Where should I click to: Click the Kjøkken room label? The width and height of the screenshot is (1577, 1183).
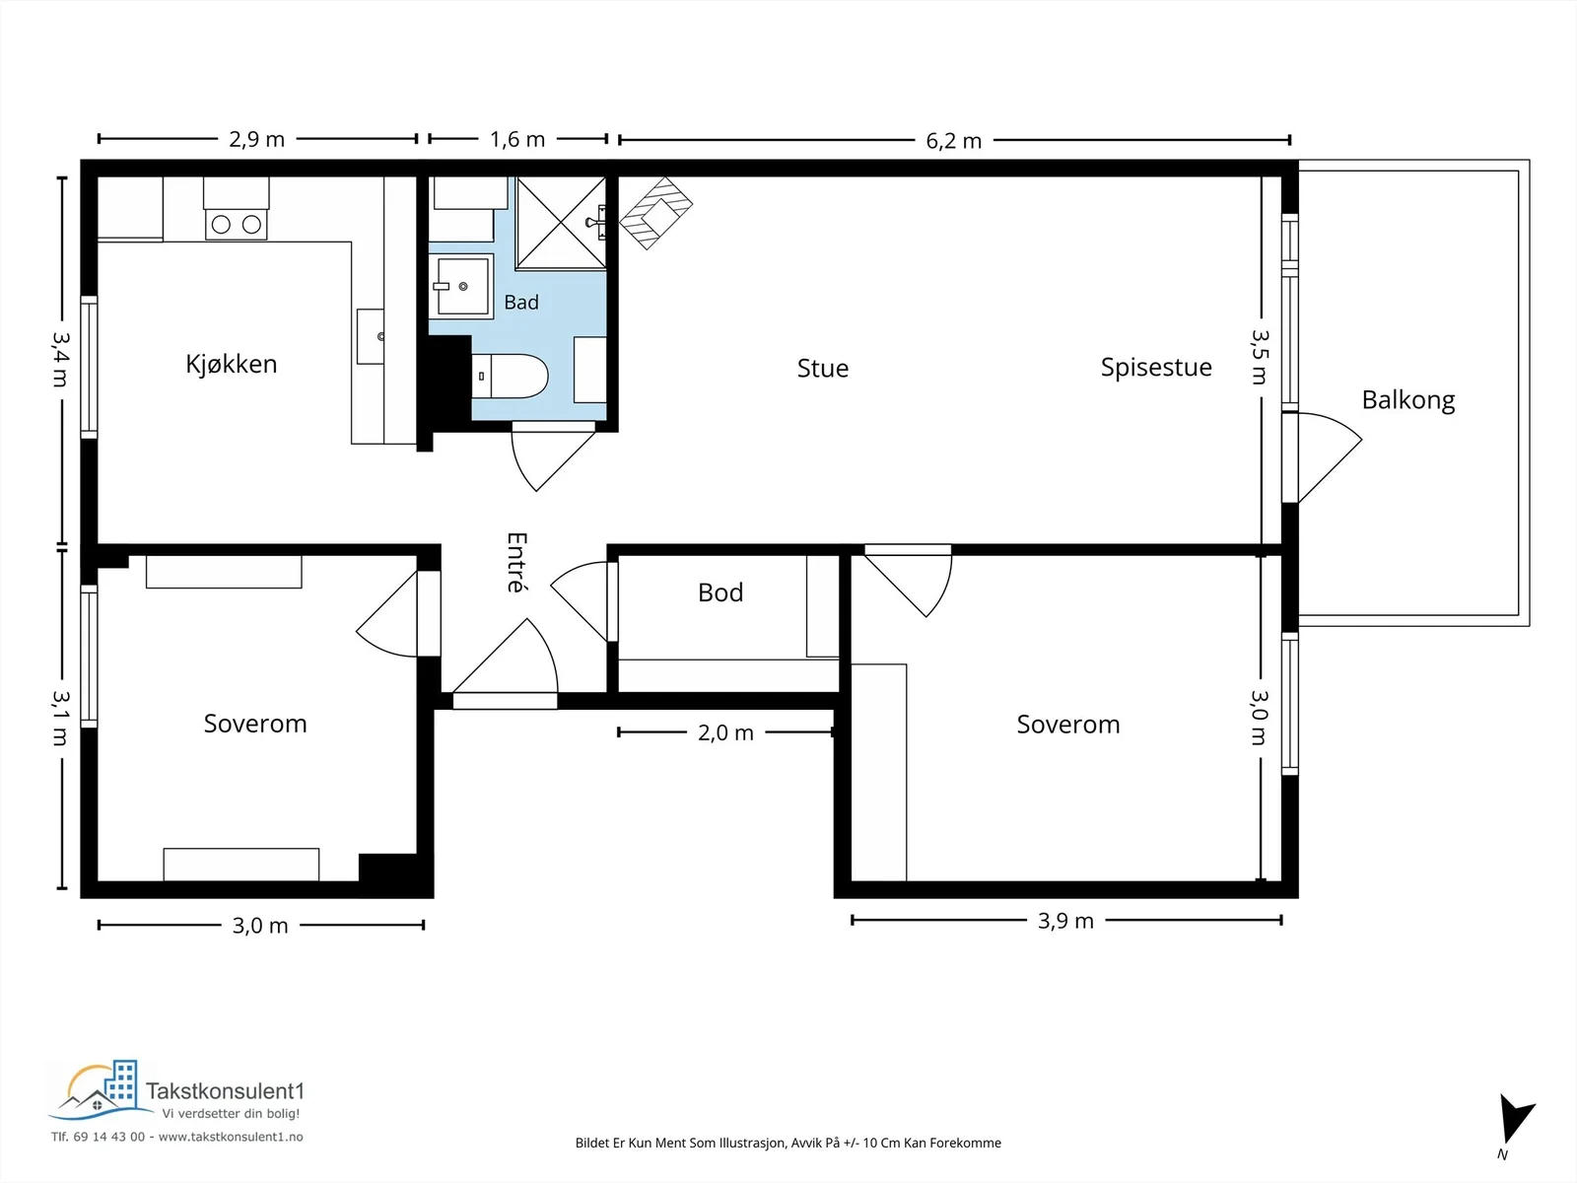pyautogui.click(x=232, y=364)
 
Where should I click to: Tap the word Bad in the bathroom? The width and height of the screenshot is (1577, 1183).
pyautogui.click(x=520, y=303)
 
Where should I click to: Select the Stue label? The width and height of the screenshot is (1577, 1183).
pyautogui.click(x=823, y=369)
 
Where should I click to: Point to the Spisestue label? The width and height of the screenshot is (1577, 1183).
pyautogui.click(x=1156, y=368)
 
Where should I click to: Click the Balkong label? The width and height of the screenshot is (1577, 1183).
pyautogui.click(x=1408, y=400)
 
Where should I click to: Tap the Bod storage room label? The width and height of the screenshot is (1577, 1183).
pyautogui.click(x=720, y=592)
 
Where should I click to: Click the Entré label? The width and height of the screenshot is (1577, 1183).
pyautogui.click(x=516, y=562)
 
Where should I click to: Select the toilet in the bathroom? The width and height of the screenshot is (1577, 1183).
pyautogui.click(x=510, y=376)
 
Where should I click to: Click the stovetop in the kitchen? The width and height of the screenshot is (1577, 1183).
pyautogui.click(x=236, y=225)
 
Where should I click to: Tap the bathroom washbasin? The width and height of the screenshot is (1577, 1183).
pyautogui.click(x=461, y=286)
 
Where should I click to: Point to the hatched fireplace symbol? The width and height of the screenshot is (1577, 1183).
pyautogui.click(x=656, y=213)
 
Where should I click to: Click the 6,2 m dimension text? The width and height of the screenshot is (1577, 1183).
pyautogui.click(x=953, y=141)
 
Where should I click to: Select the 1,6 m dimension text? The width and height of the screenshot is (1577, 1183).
pyautogui.click(x=517, y=139)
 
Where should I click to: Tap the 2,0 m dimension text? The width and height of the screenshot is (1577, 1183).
pyautogui.click(x=725, y=732)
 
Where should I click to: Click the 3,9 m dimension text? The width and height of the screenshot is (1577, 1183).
pyautogui.click(x=1065, y=921)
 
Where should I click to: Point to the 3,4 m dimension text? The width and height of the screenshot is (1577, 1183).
pyautogui.click(x=61, y=359)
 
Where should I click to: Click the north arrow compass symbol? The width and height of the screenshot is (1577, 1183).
pyautogui.click(x=1515, y=1120)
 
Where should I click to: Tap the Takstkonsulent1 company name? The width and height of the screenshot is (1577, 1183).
pyautogui.click(x=225, y=1091)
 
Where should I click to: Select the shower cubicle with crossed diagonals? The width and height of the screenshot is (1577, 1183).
pyautogui.click(x=561, y=224)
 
